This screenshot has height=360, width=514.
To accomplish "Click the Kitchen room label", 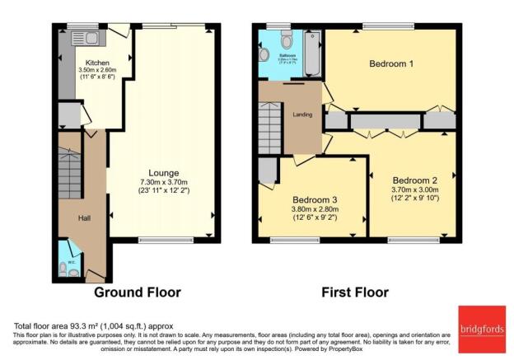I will (x=98, y=63).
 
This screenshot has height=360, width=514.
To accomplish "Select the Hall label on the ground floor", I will (x=84, y=217).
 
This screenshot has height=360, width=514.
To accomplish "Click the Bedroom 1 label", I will (x=391, y=63).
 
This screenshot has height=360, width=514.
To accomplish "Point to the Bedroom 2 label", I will (x=414, y=180).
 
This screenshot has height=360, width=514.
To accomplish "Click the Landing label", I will (x=301, y=115).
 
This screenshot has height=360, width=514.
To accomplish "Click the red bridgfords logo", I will (x=479, y=323).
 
